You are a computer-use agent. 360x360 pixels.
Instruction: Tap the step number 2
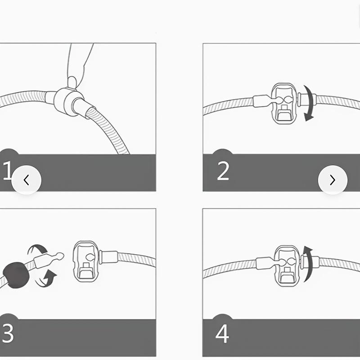coord(223,171)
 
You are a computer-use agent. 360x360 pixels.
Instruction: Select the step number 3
coord(8,334)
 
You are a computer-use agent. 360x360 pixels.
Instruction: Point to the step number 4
coord(223,334)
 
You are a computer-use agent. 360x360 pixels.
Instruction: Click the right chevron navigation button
coord(333,180)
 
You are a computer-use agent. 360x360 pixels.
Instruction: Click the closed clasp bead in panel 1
coord(65,101)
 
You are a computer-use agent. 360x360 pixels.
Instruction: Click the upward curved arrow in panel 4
coord(307,263)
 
